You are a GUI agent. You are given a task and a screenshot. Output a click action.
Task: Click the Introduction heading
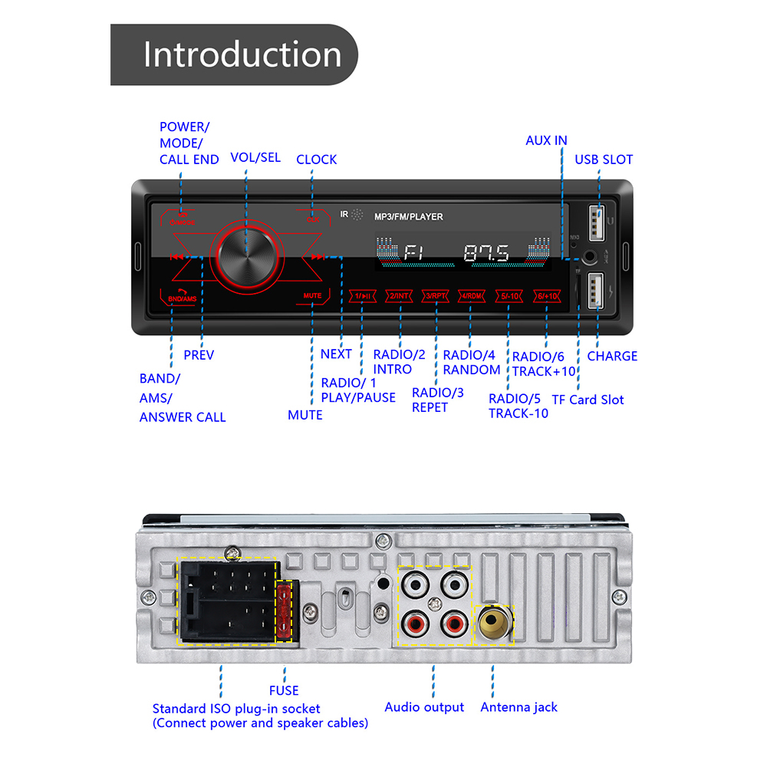tap(242, 55)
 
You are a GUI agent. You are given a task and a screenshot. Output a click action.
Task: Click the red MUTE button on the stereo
tap(312, 295)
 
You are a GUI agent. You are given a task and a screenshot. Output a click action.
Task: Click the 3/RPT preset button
tap(436, 296)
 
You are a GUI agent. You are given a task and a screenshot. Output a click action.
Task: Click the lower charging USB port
tap(597, 291)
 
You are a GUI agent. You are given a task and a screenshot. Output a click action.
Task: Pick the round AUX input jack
tap(591, 258)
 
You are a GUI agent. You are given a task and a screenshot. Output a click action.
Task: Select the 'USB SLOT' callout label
tap(604, 160)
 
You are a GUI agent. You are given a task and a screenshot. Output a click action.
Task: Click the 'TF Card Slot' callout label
tap(588, 400)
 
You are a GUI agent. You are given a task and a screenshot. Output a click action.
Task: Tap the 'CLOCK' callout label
tap(316, 160)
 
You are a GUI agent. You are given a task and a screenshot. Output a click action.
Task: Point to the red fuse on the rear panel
tap(286, 610)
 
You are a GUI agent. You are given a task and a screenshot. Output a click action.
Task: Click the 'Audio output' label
tap(424, 707)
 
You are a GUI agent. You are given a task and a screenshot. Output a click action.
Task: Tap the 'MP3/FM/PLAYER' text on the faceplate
tap(408, 217)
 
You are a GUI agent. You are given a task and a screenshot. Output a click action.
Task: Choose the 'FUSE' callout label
tap(284, 690)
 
